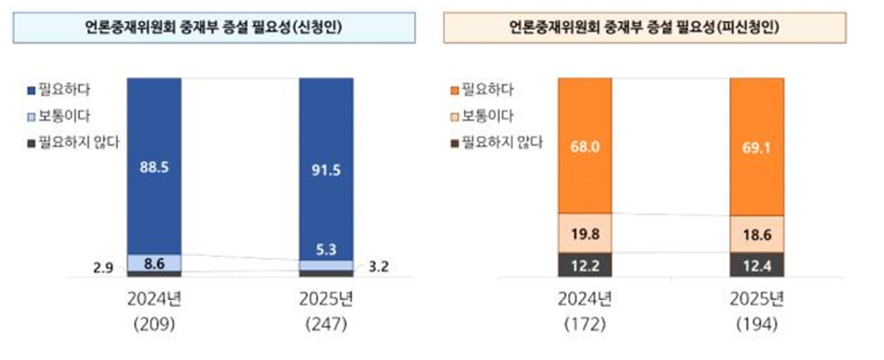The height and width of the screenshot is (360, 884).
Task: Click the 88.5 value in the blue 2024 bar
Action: [154, 168]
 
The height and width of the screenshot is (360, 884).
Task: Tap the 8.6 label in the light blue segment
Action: [154, 262]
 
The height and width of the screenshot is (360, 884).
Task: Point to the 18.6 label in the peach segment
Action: [757, 235]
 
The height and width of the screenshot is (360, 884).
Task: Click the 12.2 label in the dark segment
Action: [585, 265]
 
